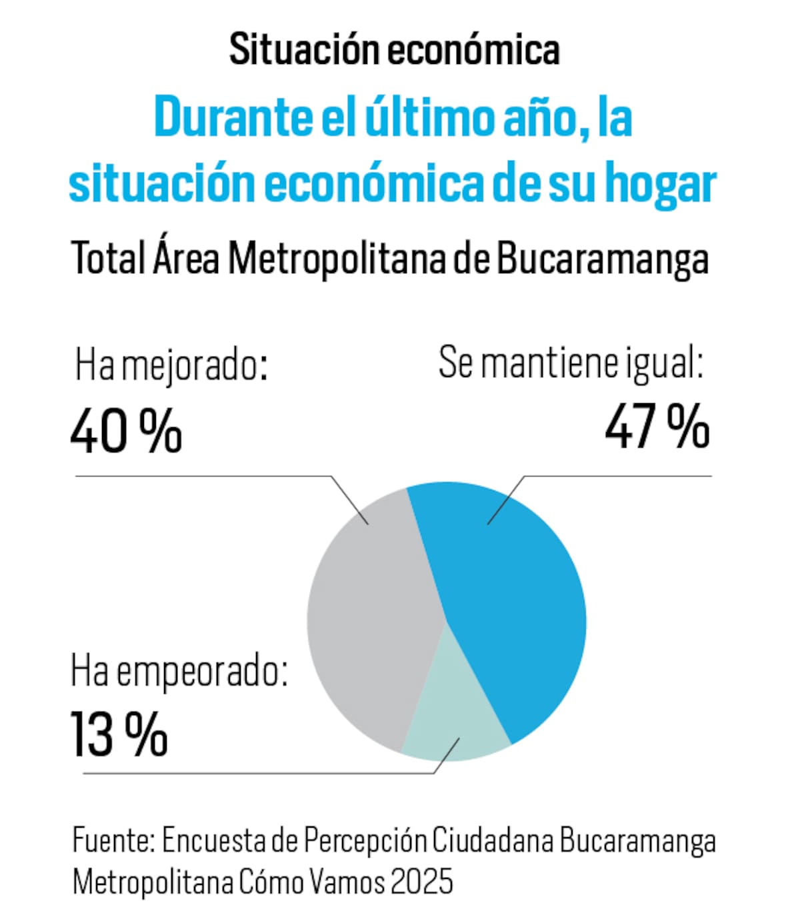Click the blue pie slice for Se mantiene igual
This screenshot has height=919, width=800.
[513, 613]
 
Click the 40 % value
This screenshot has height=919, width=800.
[126, 431]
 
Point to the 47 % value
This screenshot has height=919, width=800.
[657, 427]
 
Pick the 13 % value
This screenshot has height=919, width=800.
[119, 734]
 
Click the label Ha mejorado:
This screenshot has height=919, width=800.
[171, 366]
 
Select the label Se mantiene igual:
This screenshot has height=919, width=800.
[571, 363]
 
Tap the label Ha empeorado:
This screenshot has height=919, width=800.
[179, 671]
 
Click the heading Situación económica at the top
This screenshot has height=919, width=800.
[394, 49]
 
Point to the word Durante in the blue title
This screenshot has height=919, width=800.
[233, 118]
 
